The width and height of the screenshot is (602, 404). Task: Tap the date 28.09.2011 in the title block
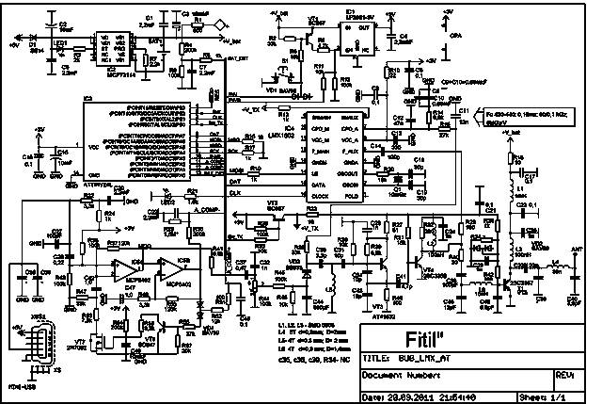tap(405, 396)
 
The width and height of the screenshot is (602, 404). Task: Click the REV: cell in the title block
tap(564, 373)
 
